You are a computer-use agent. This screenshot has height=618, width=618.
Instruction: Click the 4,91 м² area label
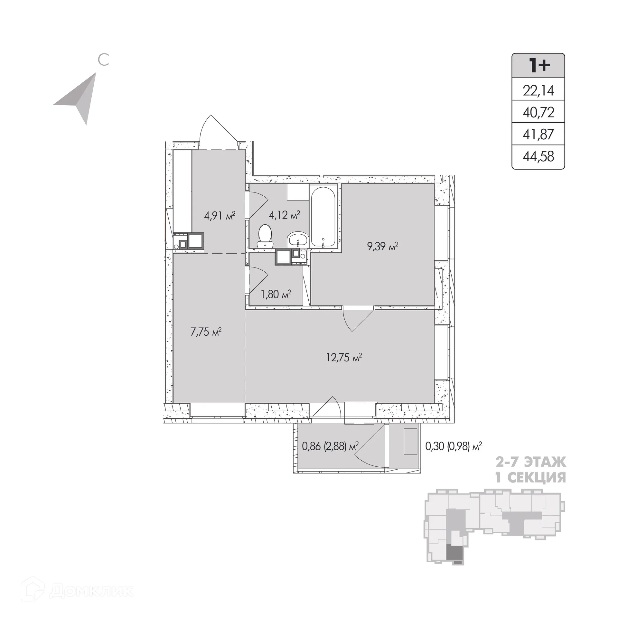click(220, 215)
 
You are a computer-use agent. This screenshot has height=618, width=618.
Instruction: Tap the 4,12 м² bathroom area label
click(285, 215)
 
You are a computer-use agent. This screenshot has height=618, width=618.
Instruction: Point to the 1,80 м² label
click(276, 294)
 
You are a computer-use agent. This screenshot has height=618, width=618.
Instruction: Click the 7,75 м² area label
click(206, 332)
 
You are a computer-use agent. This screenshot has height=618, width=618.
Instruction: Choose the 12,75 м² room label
click(344, 357)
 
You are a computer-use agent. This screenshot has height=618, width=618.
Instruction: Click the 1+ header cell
click(538, 65)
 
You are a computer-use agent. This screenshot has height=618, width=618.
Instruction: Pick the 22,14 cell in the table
click(538, 91)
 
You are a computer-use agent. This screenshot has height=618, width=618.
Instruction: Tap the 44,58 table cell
click(538, 156)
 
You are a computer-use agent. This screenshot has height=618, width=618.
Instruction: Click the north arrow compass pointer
click(77, 98)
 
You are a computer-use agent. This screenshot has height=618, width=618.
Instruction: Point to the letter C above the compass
click(103, 60)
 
